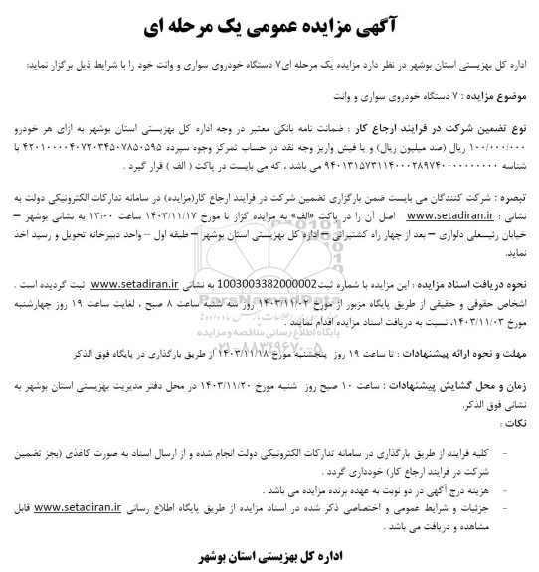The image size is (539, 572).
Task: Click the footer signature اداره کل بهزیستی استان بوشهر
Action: pyautogui.click(x=269, y=552)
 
